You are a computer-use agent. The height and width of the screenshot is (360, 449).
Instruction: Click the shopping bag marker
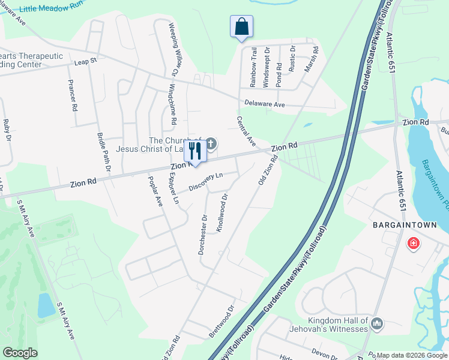(241, 27)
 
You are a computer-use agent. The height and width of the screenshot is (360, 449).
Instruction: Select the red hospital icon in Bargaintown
(413, 243)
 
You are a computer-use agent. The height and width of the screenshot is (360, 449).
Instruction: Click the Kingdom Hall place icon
(377, 324)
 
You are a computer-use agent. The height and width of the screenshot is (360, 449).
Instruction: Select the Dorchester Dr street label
(203, 235)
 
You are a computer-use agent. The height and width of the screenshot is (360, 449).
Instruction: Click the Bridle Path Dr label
(101, 152)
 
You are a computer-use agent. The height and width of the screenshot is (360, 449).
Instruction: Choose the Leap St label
(86, 61)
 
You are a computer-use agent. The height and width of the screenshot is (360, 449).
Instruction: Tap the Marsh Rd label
(309, 59)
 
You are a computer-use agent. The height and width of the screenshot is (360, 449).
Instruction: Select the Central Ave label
(247, 131)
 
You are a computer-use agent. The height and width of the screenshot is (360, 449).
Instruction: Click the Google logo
(20, 353)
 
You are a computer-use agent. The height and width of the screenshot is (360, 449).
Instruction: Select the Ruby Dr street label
(7, 134)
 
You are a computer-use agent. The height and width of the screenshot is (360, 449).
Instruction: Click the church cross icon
(211, 144)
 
